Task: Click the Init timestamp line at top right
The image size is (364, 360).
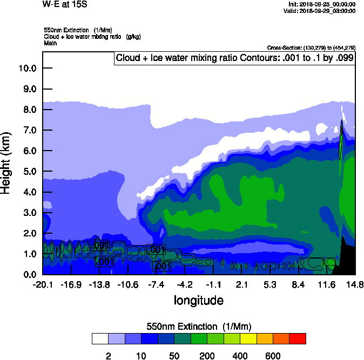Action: point(322,4)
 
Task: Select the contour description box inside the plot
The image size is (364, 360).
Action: point(234,58)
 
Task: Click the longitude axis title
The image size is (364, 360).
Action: point(198,300)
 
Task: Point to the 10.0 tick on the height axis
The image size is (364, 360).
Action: point(27,69)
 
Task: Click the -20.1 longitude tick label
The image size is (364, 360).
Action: point(43,284)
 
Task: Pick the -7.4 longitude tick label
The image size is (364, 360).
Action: point(157,284)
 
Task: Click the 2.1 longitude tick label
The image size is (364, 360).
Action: point(242,284)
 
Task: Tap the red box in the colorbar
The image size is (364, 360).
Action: point(298,338)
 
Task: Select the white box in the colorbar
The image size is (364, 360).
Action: point(100,338)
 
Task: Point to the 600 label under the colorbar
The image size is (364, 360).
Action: point(273,356)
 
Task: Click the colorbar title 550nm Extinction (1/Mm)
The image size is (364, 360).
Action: point(199,327)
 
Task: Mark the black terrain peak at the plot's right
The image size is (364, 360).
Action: point(344,254)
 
